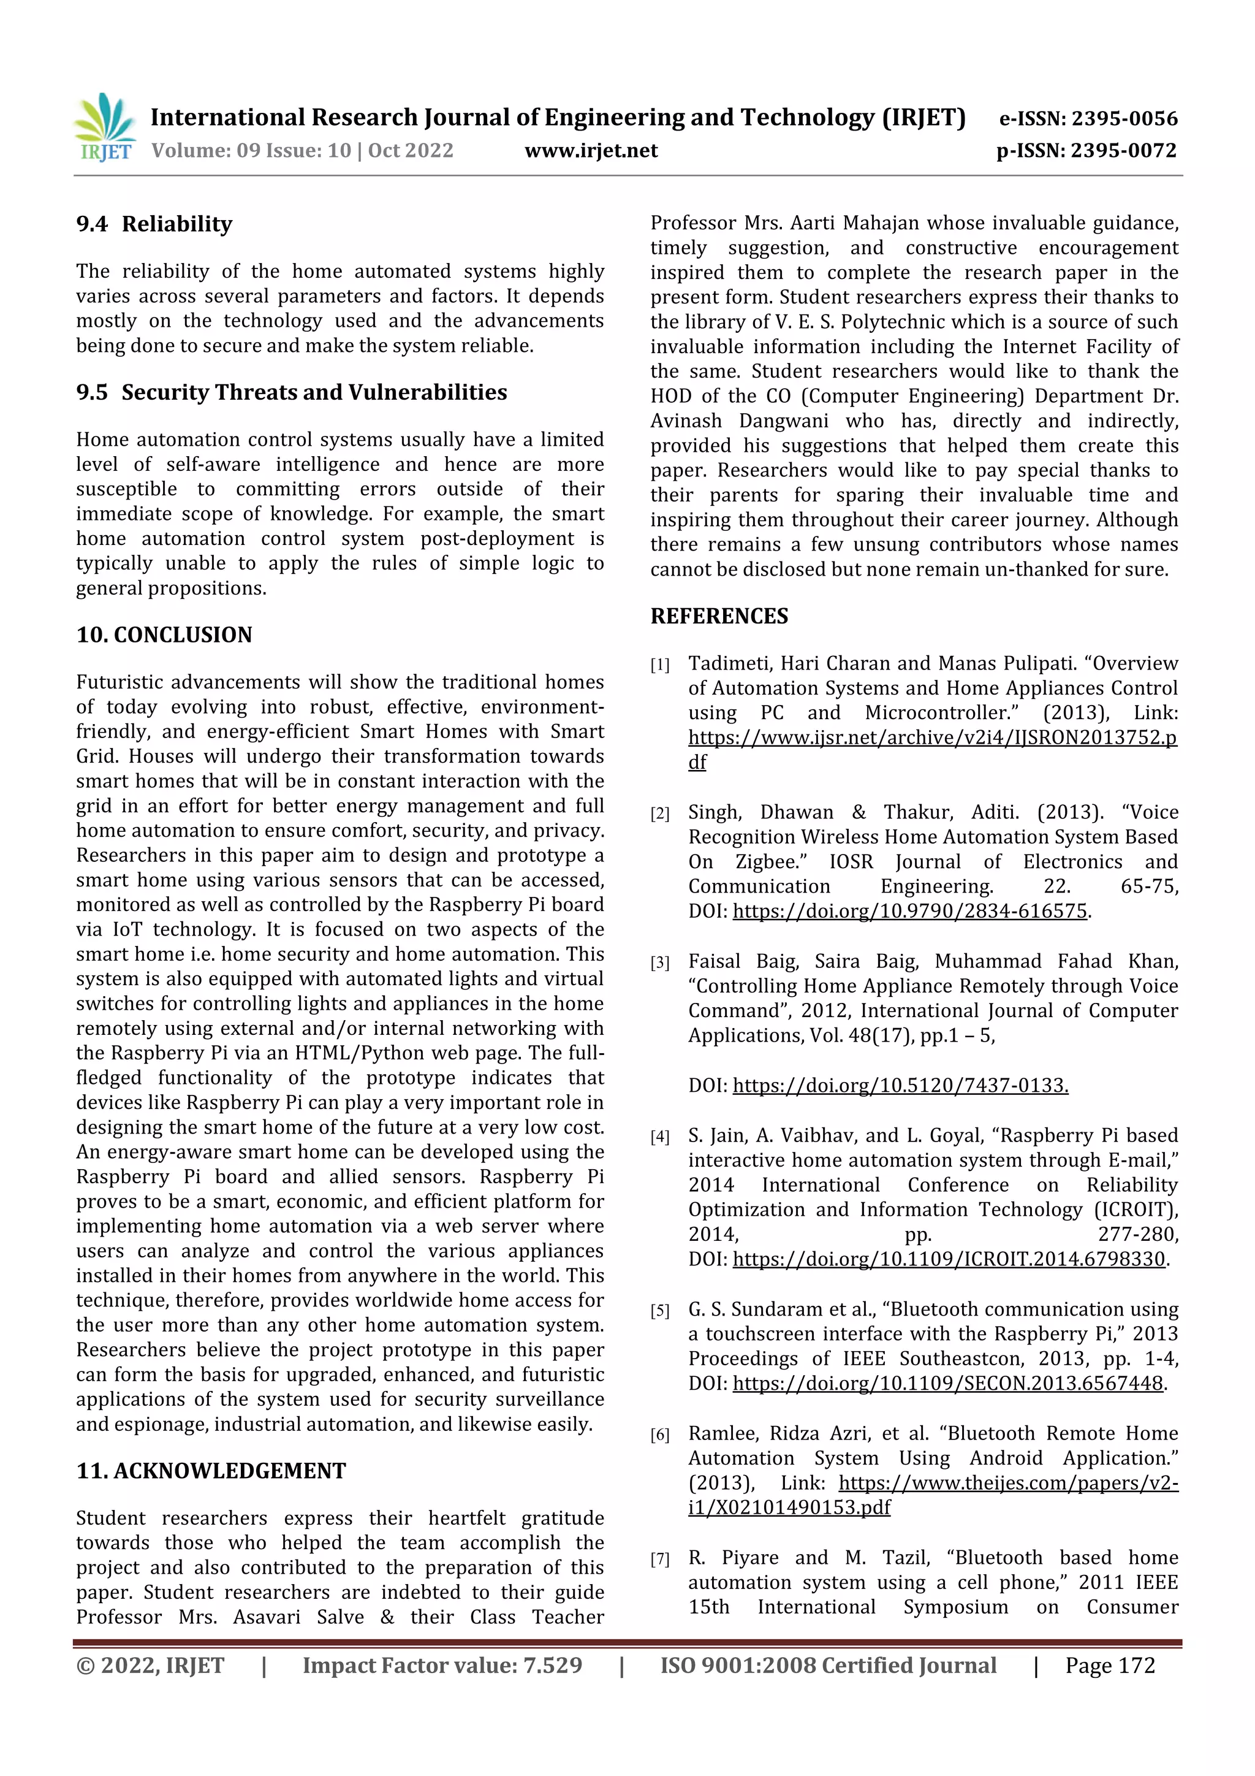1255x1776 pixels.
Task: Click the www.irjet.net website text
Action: point(591,151)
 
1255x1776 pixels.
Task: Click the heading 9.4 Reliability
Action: point(154,224)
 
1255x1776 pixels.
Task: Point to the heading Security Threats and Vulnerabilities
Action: point(314,392)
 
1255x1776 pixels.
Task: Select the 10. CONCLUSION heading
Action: point(164,635)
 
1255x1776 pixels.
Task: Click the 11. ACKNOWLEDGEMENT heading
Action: point(210,1471)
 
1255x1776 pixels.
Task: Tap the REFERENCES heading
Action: point(719,617)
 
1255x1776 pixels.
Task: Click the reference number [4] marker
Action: point(659,1137)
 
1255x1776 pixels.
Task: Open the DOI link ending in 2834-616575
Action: point(909,911)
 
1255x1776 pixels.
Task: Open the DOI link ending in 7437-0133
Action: point(900,1085)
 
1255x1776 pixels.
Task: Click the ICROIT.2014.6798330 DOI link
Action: point(948,1259)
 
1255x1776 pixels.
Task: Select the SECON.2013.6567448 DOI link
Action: point(947,1383)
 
